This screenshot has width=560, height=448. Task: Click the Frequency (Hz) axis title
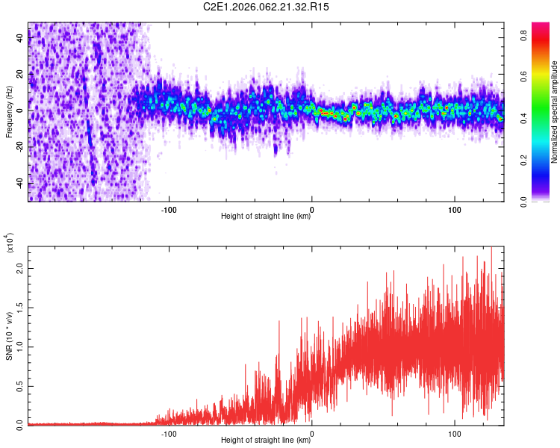coord(9,112)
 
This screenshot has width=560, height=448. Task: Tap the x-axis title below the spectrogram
coord(266,217)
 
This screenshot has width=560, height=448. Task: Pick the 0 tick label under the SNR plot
coord(312,434)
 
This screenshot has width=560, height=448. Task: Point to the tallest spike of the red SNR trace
coord(491,249)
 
